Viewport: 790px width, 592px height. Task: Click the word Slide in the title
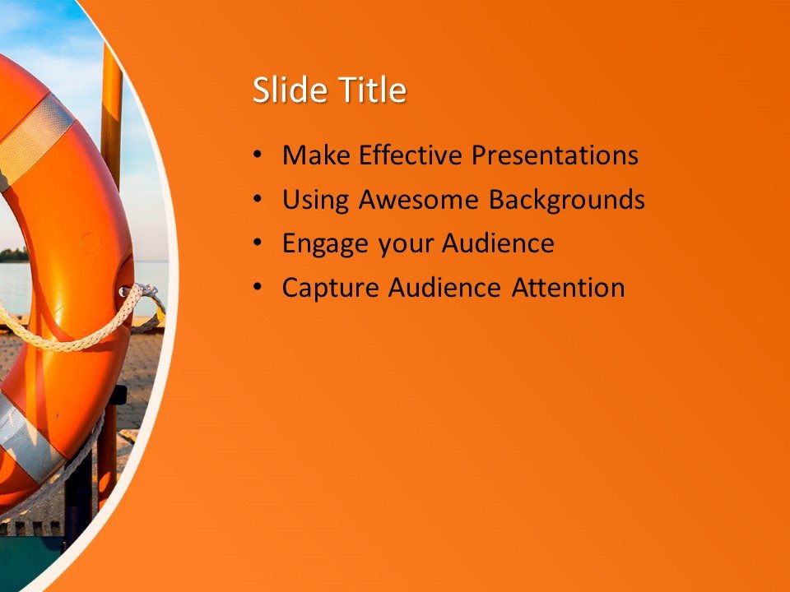tap(285, 90)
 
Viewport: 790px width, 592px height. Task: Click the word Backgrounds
tap(567, 200)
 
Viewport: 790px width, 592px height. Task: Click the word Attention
tap(569, 288)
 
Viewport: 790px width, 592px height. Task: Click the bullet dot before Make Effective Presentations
tap(258, 155)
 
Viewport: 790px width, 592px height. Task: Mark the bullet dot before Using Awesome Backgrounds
tap(258, 199)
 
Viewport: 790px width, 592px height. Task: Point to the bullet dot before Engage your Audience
tap(258, 243)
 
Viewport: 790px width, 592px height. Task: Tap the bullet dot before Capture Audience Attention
tap(258, 288)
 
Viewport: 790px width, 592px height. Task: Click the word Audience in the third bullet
tap(498, 243)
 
